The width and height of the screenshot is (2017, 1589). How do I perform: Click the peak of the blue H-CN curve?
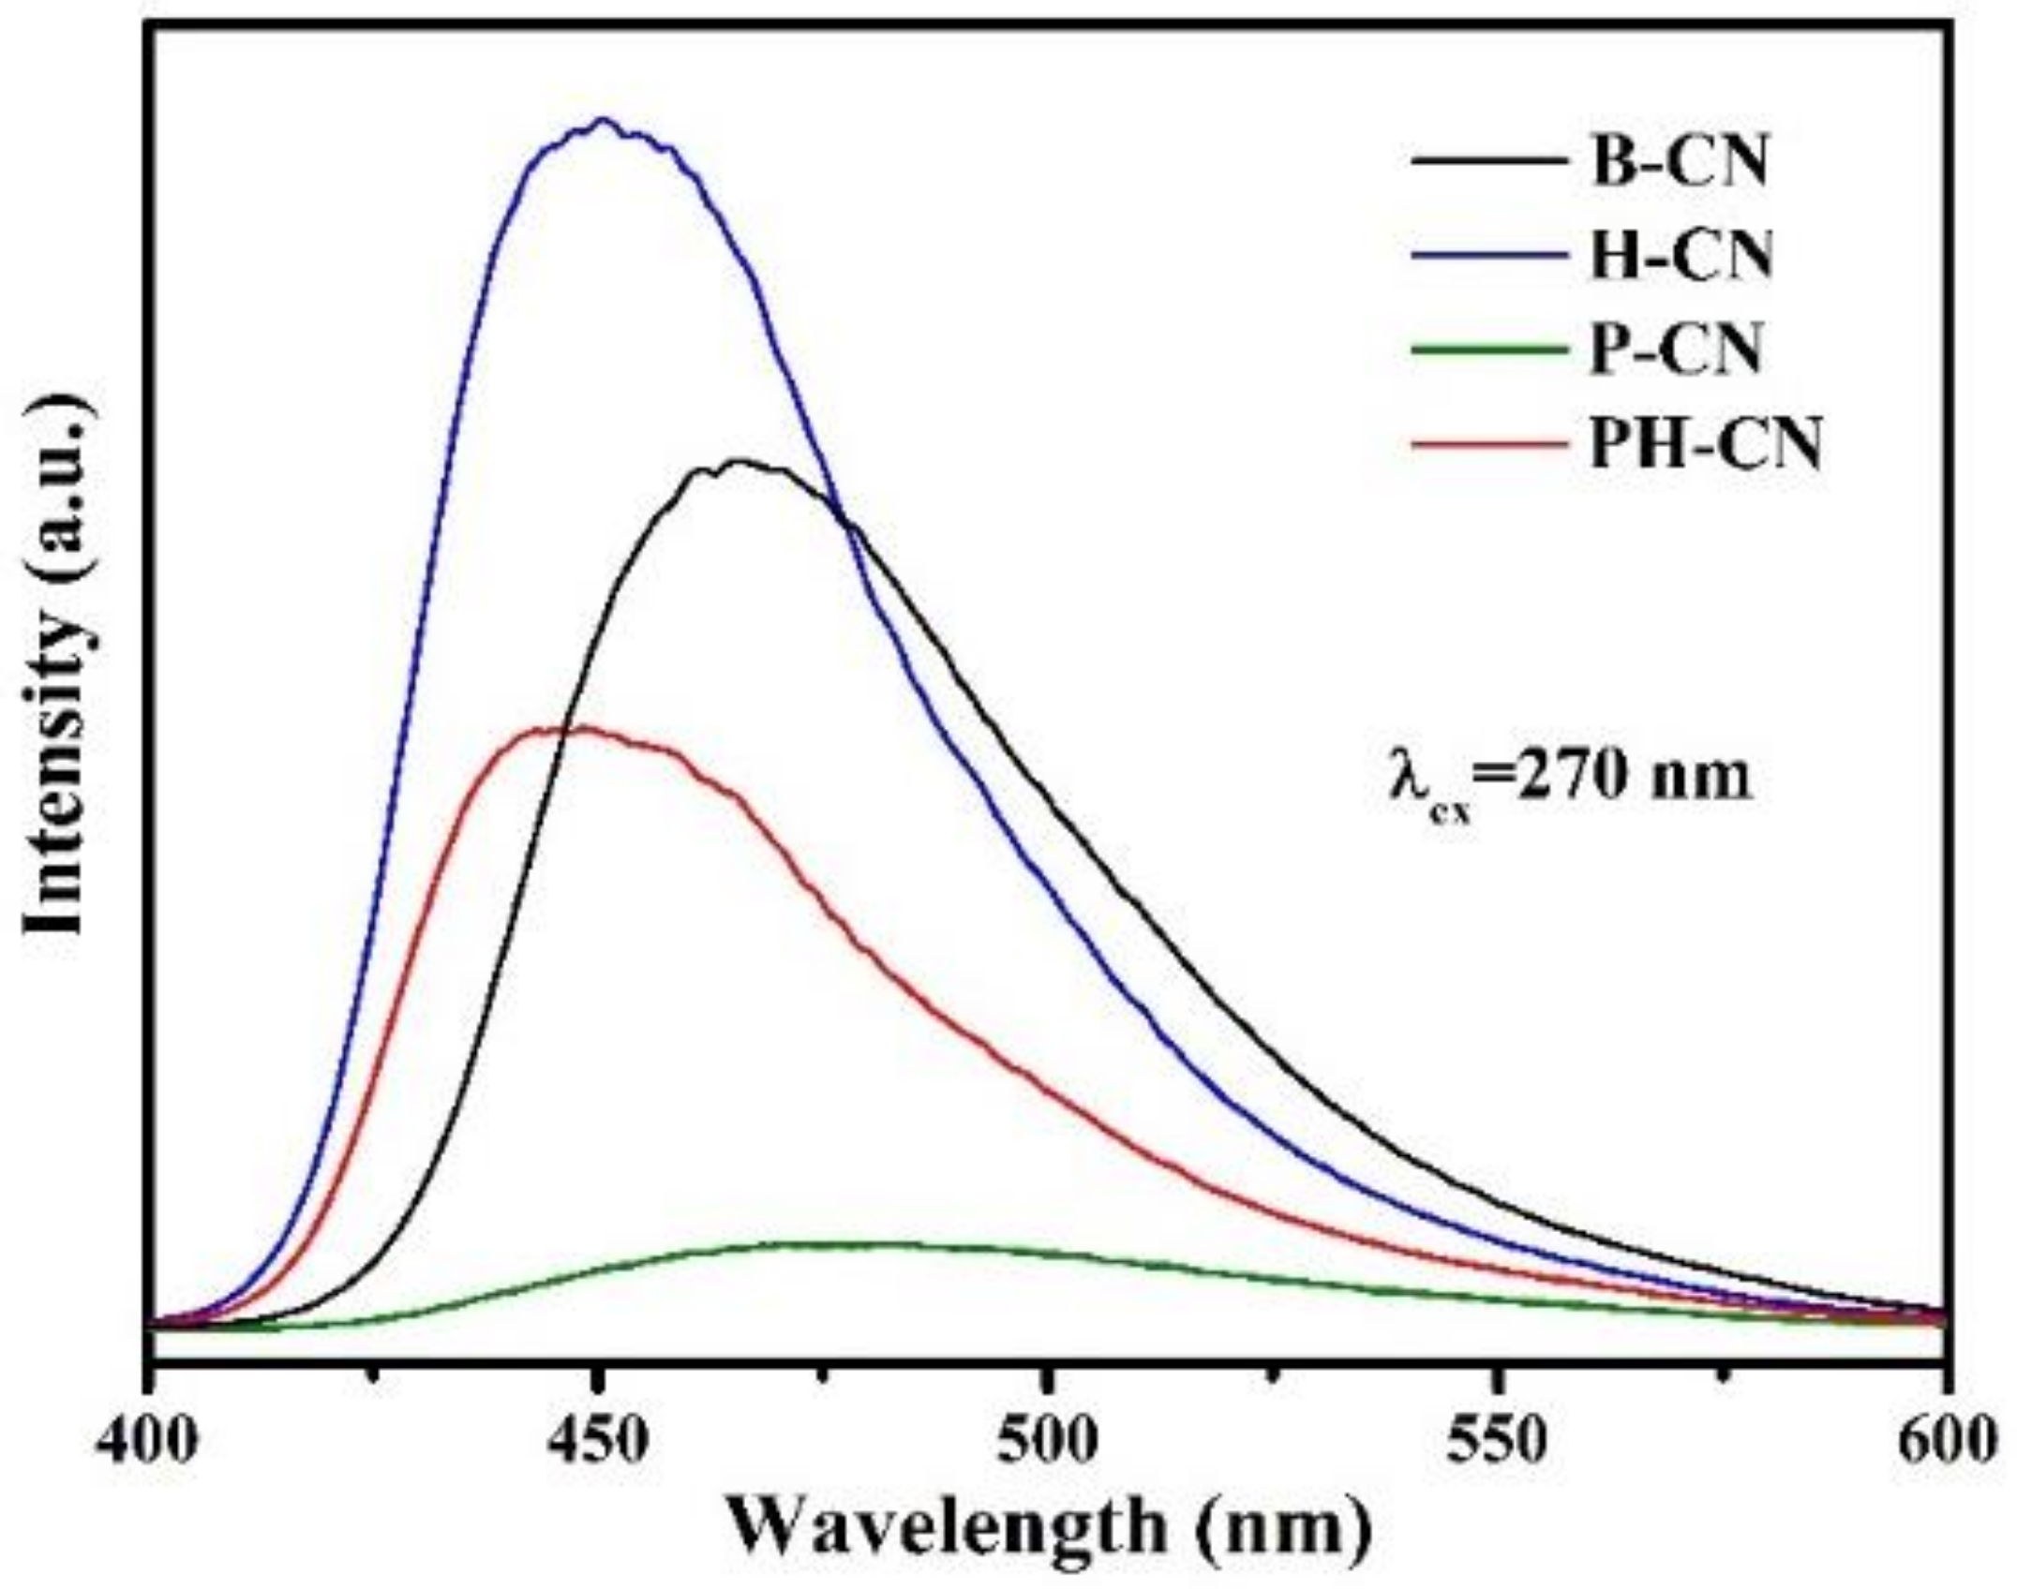pyautogui.click(x=604, y=120)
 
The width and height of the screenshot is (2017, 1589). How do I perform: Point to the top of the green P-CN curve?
pyautogui.click(x=844, y=1244)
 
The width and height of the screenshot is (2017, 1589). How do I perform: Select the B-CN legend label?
pyautogui.click(x=1679, y=162)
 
